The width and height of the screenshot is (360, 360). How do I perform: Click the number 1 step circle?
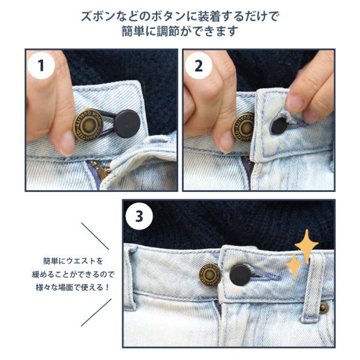[41, 65]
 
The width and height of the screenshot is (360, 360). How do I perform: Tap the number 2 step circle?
[199, 65]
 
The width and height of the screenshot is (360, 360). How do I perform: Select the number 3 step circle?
[139, 216]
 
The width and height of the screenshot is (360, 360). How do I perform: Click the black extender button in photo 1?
[127, 124]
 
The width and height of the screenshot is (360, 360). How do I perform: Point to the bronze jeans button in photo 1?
[88, 125]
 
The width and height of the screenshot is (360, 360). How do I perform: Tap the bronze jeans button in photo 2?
[243, 127]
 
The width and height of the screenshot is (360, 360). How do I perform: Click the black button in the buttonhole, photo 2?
[279, 125]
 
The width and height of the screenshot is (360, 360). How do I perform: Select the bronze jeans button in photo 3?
[210, 275]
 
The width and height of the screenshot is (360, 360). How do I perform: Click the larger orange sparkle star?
[307, 246]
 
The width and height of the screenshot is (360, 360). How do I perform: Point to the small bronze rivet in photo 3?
[323, 308]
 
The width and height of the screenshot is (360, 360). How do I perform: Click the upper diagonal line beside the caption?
[95, 236]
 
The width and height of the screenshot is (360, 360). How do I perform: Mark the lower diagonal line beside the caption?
[97, 312]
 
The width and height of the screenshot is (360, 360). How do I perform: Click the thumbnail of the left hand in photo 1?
[67, 143]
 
